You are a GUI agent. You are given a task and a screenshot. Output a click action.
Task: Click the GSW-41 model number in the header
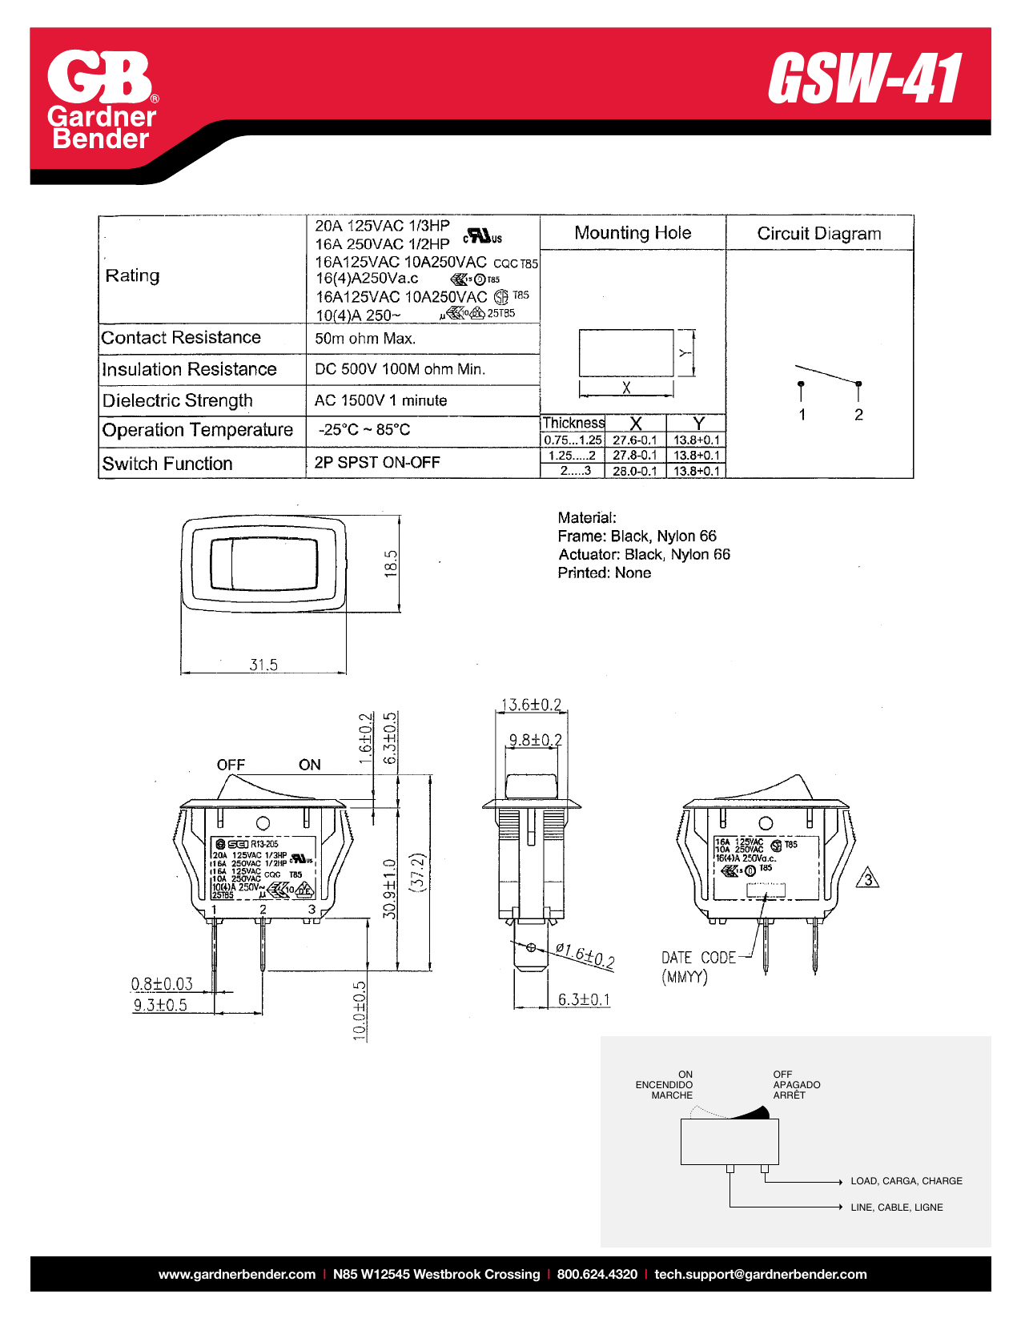865,79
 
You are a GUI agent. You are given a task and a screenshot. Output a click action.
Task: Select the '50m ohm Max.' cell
365,339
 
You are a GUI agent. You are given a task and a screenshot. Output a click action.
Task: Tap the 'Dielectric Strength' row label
178,400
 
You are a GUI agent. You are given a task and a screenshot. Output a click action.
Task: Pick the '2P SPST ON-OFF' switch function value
377,462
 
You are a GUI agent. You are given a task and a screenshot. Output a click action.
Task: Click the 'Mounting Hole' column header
633,233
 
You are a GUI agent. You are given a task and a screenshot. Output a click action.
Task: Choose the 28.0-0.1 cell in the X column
634,471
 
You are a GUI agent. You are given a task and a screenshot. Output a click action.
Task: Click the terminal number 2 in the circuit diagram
858,415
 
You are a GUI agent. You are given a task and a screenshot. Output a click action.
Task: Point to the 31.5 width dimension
263,665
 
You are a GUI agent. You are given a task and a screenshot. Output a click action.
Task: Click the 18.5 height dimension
391,563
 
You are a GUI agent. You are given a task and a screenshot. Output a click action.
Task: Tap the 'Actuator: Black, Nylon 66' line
644,554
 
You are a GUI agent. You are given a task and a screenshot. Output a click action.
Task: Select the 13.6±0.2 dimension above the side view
531,705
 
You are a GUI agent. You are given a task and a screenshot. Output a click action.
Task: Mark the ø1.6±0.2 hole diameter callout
585,955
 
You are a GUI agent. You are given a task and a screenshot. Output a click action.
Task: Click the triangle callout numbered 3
868,879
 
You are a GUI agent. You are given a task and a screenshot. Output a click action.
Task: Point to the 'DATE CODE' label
698,958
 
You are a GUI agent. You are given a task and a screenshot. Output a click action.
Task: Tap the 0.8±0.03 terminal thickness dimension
162,983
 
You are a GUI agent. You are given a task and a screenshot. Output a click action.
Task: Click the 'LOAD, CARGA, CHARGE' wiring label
906,1181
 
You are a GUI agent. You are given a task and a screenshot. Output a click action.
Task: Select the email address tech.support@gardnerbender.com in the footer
760,1274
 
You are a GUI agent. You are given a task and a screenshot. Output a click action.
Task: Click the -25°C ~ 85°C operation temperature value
364,430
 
